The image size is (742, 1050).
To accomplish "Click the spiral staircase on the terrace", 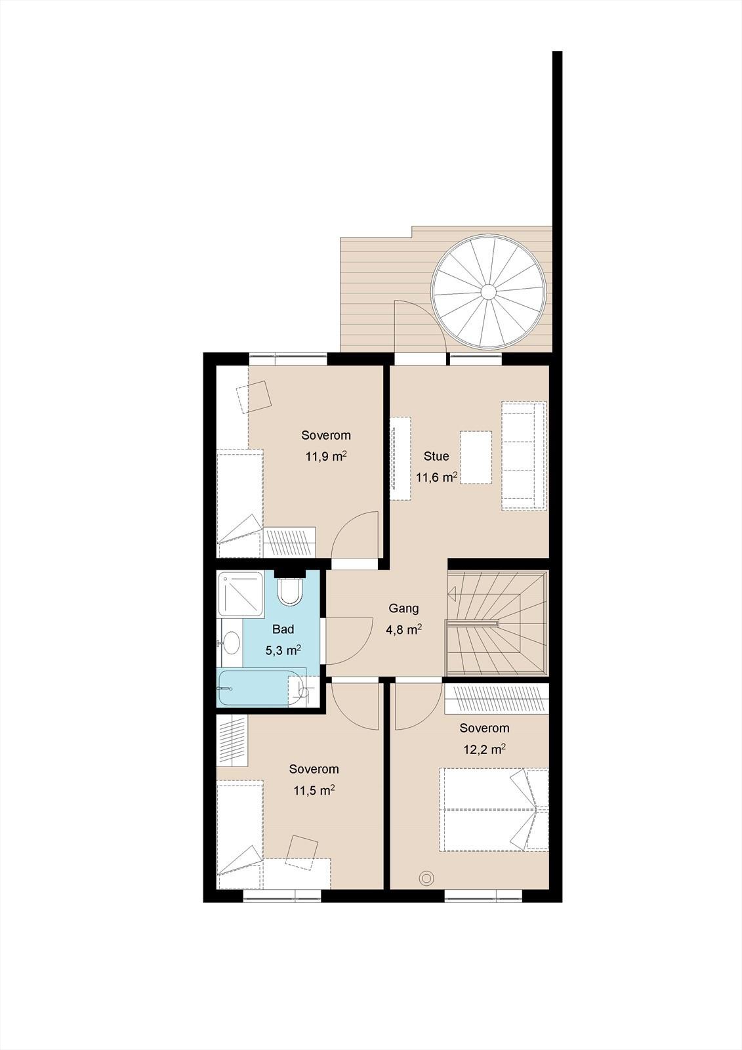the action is click(x=489, y=291).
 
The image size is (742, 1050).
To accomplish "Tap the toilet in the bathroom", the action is click(x=291, y=592).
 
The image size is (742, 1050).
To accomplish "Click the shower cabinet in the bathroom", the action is click(x=240, y=594).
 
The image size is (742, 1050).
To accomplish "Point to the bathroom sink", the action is click(x=231, y=642).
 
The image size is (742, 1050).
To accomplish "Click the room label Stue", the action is click(x=436, y=456).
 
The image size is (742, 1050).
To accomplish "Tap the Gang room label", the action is click(x=403, y=608).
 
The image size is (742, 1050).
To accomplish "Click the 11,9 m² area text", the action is click(x=326, y=456).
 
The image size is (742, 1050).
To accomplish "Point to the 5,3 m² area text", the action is click(x=283, y=650).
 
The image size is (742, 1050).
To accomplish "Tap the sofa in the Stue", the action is click(x=524, y=455).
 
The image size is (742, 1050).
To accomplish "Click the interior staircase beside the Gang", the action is click(x=498, y=623).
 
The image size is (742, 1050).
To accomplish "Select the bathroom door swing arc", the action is click(x=356, y=648).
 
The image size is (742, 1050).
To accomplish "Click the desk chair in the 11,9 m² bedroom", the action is click(x=254, y=397).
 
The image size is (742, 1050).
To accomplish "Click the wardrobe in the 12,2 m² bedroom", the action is click(x=497, y=698).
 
